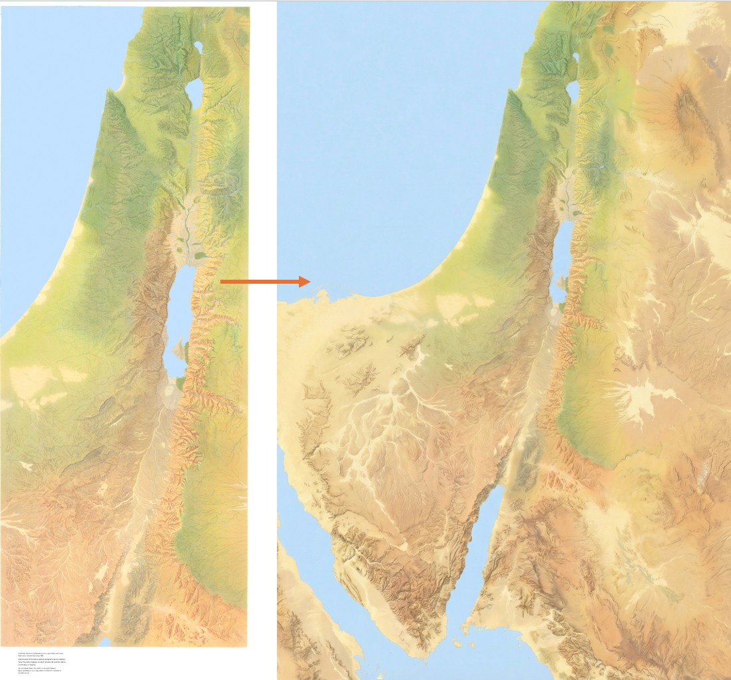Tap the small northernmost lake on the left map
click(198, 48)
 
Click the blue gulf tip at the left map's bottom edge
click(105, 643)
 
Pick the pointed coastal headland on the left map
click(107, 93)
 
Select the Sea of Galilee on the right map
click(572, 92)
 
